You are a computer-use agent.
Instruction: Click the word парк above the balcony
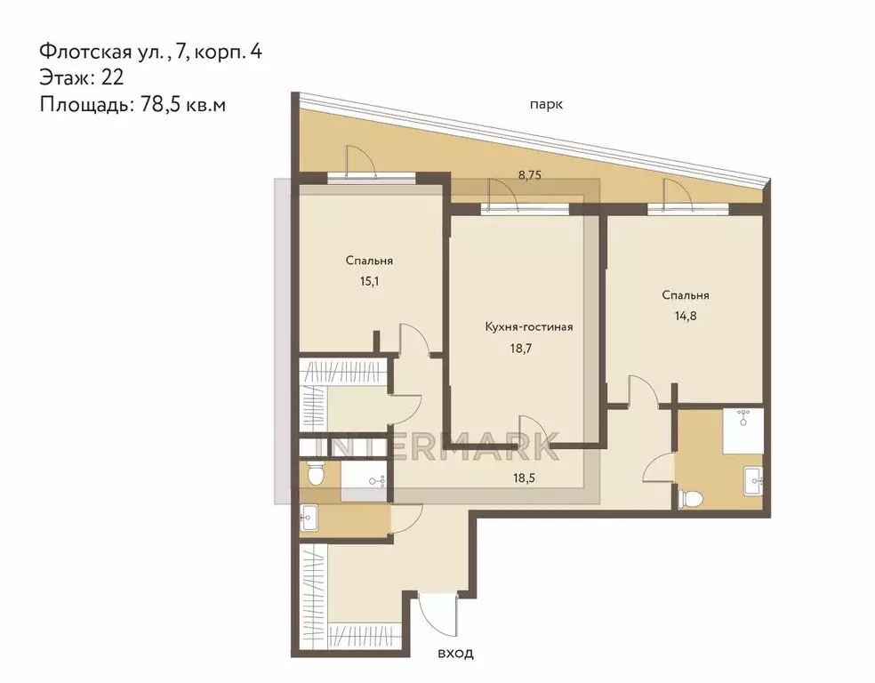[x=546, y=105]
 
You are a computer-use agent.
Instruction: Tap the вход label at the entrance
[x=455, y=653]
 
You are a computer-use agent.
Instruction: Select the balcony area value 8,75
[x=530, y=175]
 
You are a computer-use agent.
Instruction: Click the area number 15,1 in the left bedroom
[x=369, y=281]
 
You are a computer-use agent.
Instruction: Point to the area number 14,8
[x=686, y=317]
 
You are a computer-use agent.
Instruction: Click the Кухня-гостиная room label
[x=529, y=326]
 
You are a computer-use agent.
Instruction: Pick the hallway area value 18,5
[x=524, y=478]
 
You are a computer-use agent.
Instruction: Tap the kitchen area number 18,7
[x=521, y=349]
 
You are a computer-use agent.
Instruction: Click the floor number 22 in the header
[x=112, y=77]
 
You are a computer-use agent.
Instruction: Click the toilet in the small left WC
[x=316, y=474]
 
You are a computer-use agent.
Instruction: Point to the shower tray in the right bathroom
[x=743, y=430]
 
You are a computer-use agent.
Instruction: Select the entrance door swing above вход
[x=437, y=616]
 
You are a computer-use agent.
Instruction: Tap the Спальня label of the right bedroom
[x=686, y=295]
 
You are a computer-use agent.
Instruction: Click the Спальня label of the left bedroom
[x=369, y=261]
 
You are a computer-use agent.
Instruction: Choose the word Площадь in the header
[x=84, y=105]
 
